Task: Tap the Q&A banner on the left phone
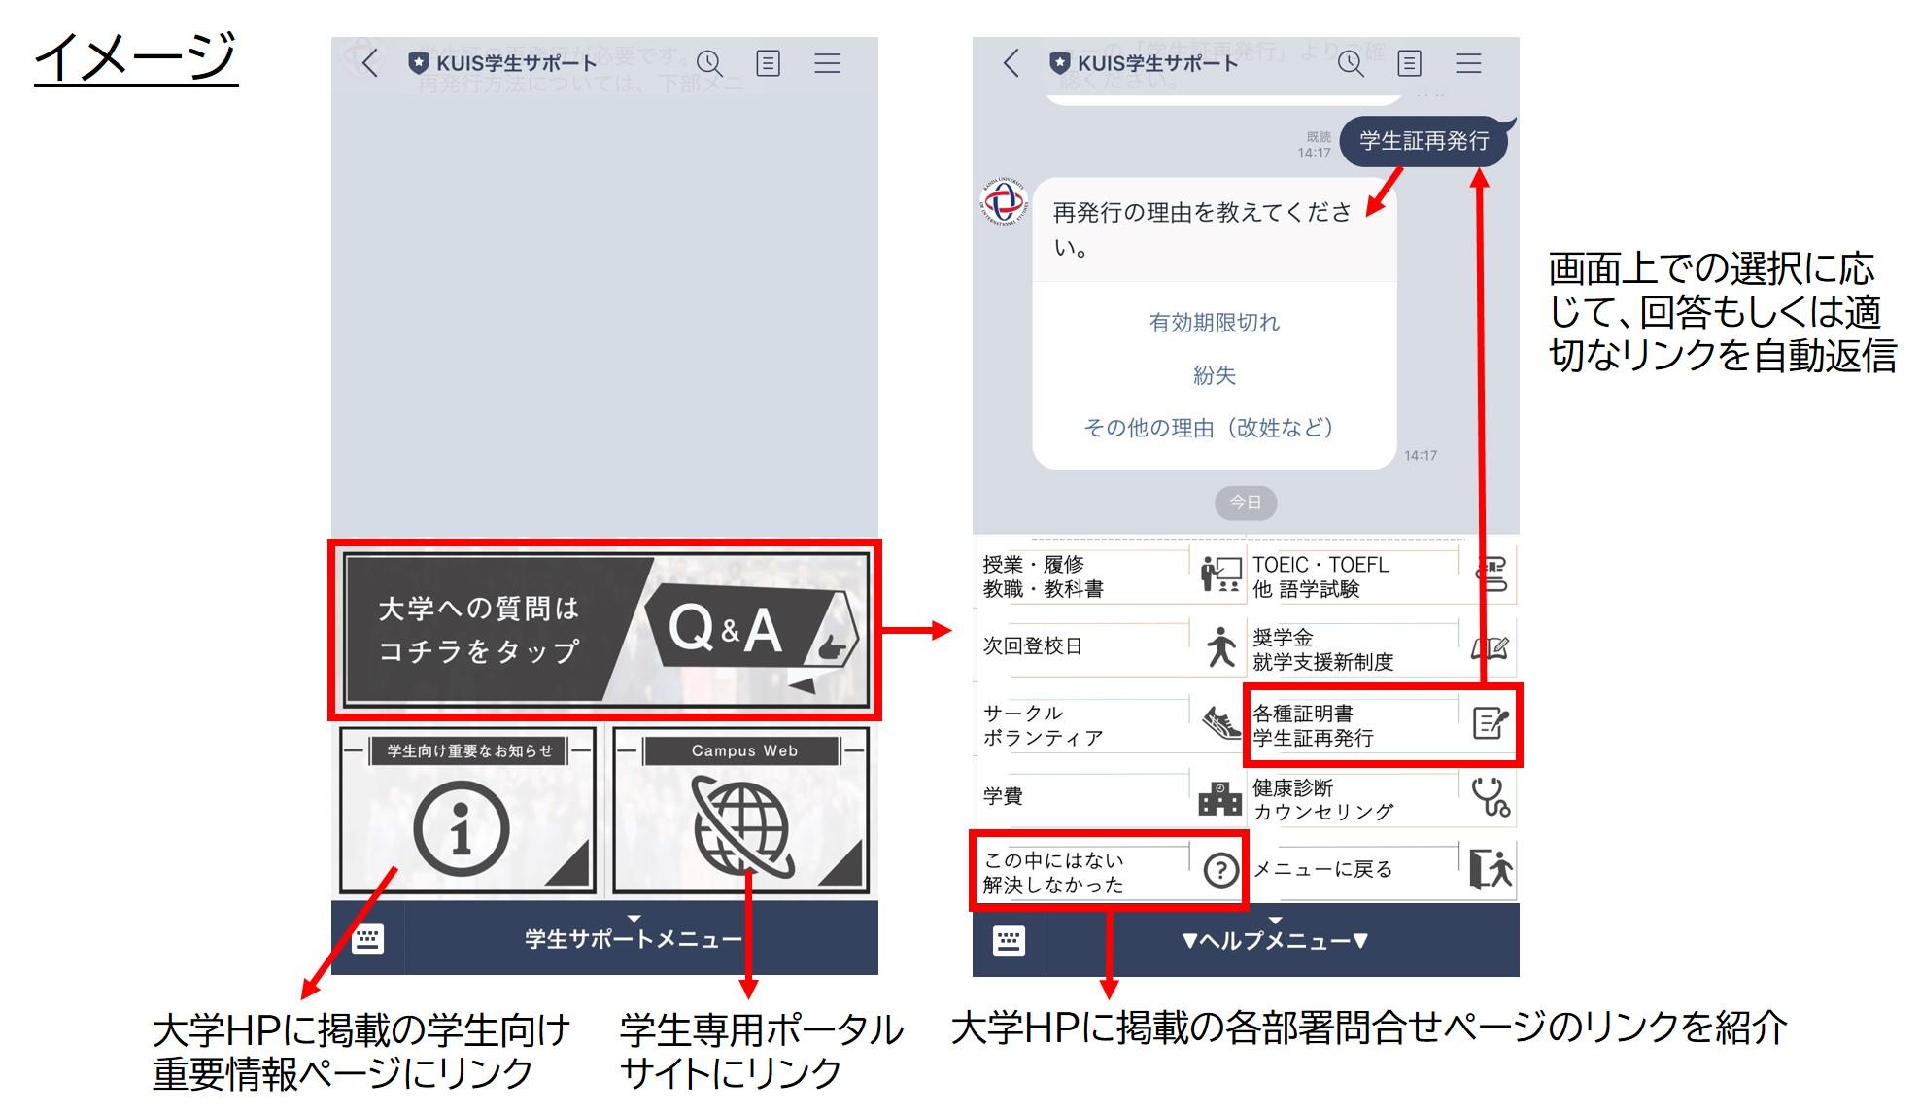[x=604, y=629]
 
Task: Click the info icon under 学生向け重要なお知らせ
[x=462, y=828]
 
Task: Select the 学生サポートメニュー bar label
[x=633, y=939]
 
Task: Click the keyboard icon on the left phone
[x=367, y=939]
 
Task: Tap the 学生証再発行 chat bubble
[x=1423, y=142]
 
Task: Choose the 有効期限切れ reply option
[x=1215, y=323]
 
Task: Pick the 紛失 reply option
[x=1215, y=375]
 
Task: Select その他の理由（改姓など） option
[x=1210, y=428]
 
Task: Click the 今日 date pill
[x=1246, y=503]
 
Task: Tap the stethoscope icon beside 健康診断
[x=1490, y=796]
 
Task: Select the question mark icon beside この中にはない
[x=1220, y=870]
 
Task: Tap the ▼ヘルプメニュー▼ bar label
[x=1275, y=941]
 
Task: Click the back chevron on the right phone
[x=1011, y=64]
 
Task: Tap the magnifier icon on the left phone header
[x=709, y=64]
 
